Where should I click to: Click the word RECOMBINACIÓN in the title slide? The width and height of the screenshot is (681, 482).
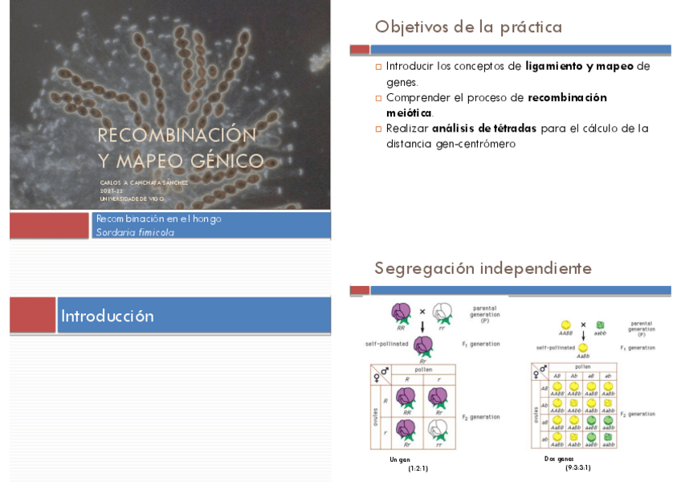177,134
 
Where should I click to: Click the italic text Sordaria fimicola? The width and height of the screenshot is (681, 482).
135,232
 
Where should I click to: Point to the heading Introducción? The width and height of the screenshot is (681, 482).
108,316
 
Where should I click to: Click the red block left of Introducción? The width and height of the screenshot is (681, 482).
32,316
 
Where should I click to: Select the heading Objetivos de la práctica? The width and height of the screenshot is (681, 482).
468,27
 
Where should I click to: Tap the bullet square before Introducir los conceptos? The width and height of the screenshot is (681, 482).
379,67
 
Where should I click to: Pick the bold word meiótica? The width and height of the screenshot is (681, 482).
409,112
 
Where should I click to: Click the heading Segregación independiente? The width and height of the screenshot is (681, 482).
483,268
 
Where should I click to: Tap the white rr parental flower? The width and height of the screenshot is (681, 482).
442,312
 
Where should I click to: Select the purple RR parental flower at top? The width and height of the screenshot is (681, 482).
401,312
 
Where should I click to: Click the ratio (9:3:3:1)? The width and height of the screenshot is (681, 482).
577,467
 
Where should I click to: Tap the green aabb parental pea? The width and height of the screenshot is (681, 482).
600,325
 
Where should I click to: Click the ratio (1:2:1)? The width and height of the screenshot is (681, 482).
418,467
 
